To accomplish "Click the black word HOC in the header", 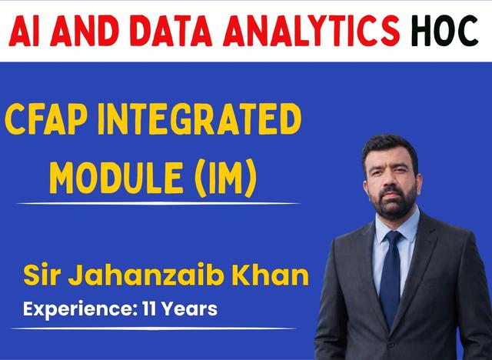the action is pos(444,31).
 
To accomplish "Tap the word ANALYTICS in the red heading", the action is pos(311,31).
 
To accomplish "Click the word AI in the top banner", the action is pos(24,31).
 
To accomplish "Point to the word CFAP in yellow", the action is pos(45,119).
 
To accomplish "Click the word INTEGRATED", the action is pos(200,119).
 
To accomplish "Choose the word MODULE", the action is pos(116,178).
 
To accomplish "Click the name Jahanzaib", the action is pos(146,275).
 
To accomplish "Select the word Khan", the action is pos(270,275).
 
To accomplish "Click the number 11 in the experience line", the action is pos(149,308).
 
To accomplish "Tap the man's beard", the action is pos(393,204).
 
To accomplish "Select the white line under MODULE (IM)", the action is pos(158,204).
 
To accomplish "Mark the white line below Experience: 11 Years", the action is pos(153,328).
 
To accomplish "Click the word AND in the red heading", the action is pos(84,31).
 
